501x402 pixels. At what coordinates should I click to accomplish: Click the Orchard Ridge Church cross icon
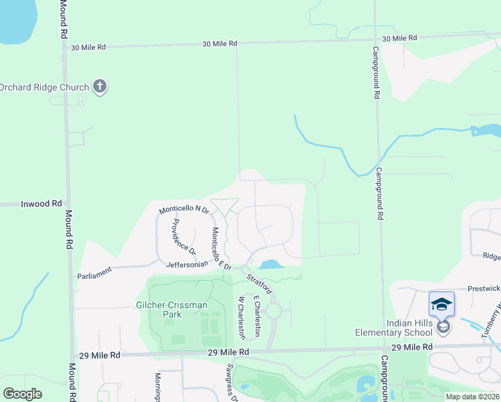pyautogui.click(x=100, y=86)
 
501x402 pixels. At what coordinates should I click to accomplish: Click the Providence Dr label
pyautogui.click(x=182, y=237)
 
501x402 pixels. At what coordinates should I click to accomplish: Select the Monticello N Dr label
pyautogui.click(x=184, y=210)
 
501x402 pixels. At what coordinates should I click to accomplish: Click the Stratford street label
pyautogui.click(x=259, y=283)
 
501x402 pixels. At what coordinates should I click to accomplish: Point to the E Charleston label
pyautogui.click(x=257, y=313)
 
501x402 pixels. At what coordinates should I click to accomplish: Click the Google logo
pyautogui.click(x=23, y=394)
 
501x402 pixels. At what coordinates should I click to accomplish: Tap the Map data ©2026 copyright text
pyautogui.click(x=472, y=397)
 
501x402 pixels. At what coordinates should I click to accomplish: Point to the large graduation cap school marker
pyautogui.click(x=442, y=304)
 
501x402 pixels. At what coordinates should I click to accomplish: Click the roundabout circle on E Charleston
pyautogui.click(x=273, y=311)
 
